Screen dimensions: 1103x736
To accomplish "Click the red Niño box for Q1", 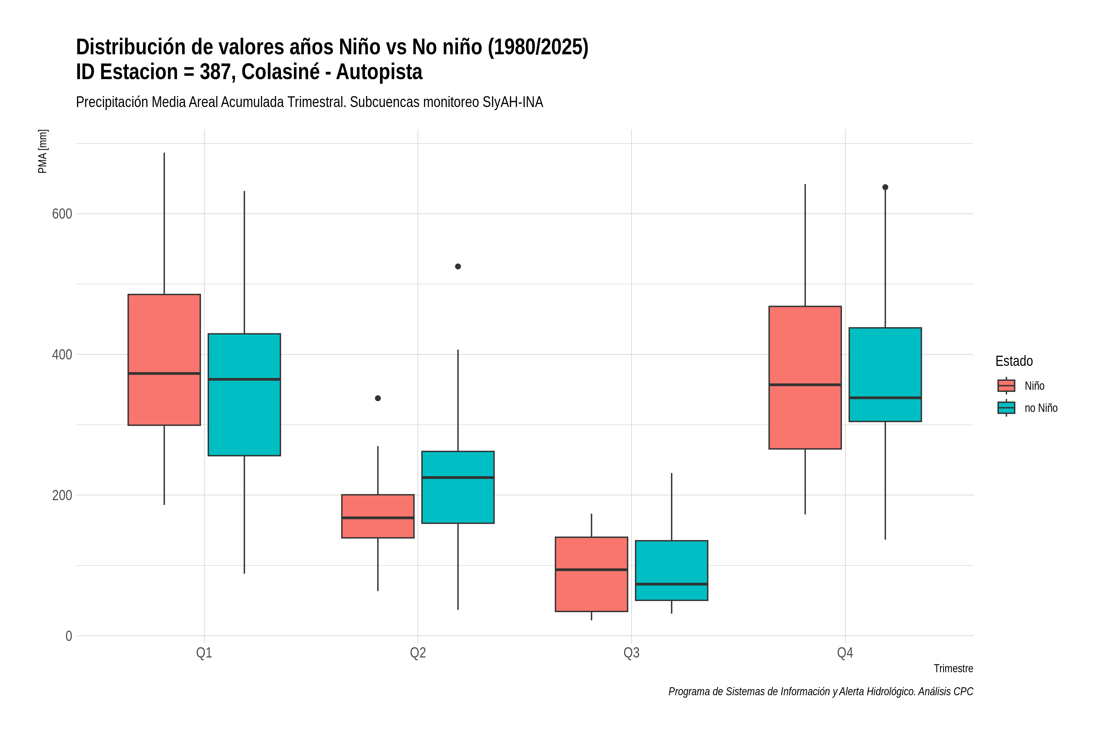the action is pos(164,359).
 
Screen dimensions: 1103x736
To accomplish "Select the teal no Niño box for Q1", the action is pos(244,394).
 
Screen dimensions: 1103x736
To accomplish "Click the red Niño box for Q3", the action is pos(591,574).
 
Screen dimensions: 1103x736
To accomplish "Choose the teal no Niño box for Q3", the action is pos(672,570).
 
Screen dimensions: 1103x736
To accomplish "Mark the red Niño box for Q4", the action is pos(805,378).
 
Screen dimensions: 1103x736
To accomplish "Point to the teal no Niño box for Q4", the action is pos(885,374).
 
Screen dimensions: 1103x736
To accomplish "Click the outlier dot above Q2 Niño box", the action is pos(378,398).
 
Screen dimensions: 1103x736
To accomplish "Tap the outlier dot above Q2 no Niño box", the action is pos(458,266).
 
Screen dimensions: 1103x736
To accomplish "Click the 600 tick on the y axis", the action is pos(62,213).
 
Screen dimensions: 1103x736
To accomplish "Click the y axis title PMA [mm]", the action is pos(43,151).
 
